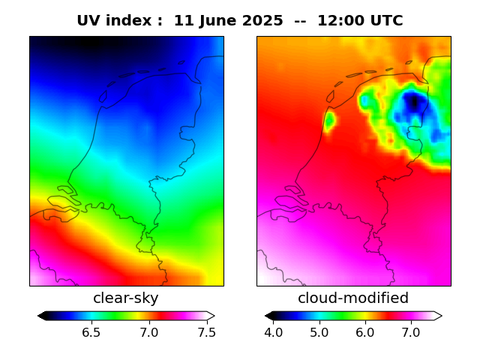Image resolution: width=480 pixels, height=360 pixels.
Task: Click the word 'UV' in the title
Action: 89,21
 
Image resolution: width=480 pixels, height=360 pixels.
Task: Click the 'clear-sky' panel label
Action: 126,298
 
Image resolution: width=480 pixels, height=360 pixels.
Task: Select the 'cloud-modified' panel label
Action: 353,298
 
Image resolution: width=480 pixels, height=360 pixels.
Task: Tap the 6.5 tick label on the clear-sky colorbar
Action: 91,331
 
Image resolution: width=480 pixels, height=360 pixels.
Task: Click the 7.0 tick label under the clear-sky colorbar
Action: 148,331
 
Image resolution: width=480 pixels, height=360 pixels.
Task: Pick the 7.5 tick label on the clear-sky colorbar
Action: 206,331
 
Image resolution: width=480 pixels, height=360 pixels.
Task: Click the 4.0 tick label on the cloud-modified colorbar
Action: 273,331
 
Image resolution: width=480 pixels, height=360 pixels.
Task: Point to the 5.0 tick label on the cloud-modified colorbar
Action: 319,331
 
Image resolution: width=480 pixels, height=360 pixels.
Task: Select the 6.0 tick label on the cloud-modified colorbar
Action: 364,331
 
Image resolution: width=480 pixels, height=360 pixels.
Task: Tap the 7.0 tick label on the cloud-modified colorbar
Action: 410,331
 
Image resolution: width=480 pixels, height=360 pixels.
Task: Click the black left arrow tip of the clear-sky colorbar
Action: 41,316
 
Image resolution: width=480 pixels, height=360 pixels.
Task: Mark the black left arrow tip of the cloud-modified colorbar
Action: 268,316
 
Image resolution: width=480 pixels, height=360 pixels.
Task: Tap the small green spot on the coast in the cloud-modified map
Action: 329,120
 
